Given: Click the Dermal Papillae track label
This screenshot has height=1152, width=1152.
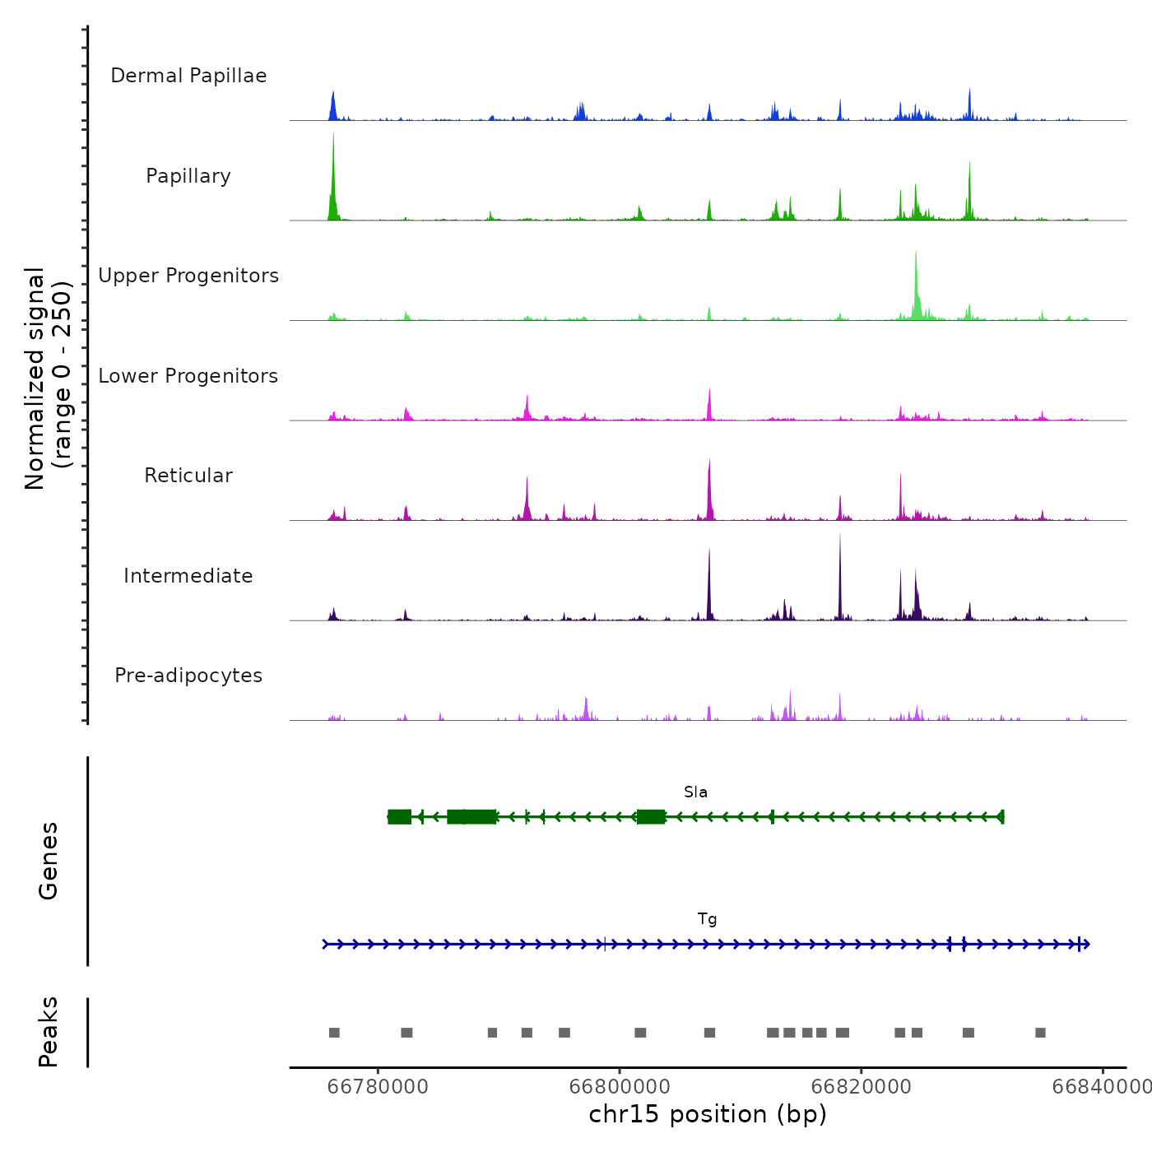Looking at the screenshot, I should [188, 76].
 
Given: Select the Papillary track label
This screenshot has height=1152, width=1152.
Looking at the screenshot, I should [188, 176].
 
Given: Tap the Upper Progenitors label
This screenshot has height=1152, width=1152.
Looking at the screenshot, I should [188, 276].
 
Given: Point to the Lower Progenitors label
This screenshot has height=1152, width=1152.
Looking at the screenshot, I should [188, 376].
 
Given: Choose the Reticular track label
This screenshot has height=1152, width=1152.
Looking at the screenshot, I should [188, 476].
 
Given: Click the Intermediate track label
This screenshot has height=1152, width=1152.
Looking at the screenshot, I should [188, 576].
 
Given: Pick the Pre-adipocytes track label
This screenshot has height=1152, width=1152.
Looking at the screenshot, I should [188, 676].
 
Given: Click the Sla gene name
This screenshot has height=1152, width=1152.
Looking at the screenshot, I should [695, 792].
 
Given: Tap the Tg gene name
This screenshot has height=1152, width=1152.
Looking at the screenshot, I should [707, 919].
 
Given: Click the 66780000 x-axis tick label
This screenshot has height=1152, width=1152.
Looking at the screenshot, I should [378, 1087].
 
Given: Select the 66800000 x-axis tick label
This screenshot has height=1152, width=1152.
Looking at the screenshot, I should [620, 1087].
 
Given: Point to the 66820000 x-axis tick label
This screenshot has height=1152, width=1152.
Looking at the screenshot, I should [862, 1087].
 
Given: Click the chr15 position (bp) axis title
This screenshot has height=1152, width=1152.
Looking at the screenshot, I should [708, 1114].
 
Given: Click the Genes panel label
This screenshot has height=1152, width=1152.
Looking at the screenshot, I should [49, 861].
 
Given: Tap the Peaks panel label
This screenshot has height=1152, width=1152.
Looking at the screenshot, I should [49, 1032].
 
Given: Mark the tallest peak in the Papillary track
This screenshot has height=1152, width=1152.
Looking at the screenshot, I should [333, 136].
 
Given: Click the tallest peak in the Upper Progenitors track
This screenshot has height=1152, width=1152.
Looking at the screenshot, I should [916, 253].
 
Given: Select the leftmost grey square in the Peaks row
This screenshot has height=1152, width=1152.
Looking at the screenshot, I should [334, 1033].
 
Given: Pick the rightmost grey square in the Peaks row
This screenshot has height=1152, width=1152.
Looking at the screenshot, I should [1040, 1033].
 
